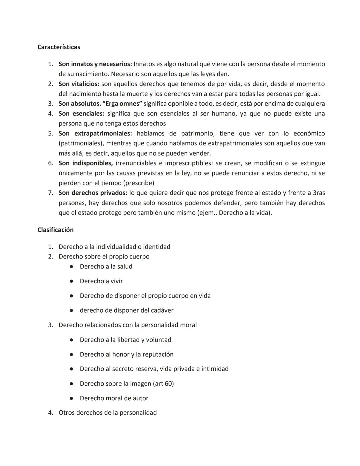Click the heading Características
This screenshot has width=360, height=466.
(x=59, y=47)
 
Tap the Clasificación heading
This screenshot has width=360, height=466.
(x=55, y=230)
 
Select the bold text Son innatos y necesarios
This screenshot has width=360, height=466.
(x=95, y=64)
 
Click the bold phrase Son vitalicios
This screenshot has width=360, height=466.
(x=79, y=84)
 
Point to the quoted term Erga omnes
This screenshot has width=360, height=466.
(x=122, y=104)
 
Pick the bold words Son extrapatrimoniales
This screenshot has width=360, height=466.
(x=95, y=133)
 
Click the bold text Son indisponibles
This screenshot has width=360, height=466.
(x=85, y=163)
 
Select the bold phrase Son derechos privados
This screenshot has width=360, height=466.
(x=93, y=193)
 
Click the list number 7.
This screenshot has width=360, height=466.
(x=50, y=193)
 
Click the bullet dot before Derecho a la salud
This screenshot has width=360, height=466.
(x=71, y=267)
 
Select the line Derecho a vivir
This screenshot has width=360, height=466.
(x=101, y=281)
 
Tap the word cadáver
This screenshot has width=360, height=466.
(x=161, y=311)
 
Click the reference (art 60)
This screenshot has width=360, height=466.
(x=163, y=384)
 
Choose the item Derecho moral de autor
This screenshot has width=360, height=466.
(x=114, y=398)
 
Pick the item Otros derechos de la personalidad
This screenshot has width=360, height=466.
(x=107, y=413)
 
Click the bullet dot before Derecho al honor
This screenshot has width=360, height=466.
(x=71, y=355)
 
